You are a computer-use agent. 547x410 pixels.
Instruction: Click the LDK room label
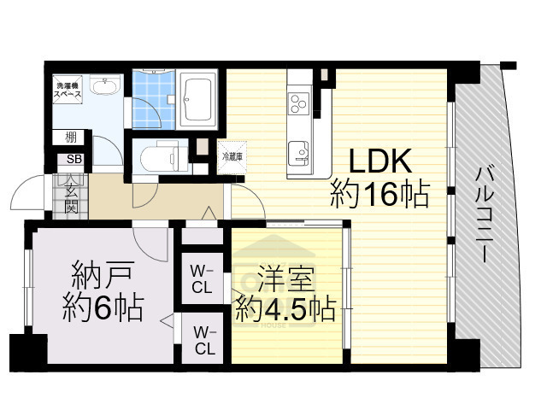380,162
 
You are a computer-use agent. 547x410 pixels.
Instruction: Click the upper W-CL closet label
202,279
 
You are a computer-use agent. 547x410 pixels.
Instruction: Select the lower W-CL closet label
203,340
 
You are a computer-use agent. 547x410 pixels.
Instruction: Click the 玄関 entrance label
68,194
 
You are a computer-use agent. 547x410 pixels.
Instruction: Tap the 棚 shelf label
68,137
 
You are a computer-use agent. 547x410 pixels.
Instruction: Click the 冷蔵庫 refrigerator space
232,157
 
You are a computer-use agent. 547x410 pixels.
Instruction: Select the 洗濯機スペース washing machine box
68,91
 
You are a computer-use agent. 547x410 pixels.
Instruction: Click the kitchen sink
299,152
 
